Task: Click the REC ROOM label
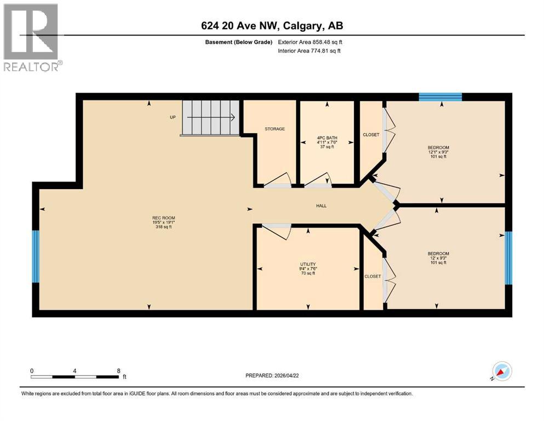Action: (x=163, y=218)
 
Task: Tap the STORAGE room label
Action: (x=274, y=129)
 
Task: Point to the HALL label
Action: (x=321, y=206)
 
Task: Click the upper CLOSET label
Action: (x=371, y=135)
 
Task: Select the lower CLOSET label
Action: (x=373, y=276)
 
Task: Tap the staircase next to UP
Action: (x=211, y=117)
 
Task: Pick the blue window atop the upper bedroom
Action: (x=440, y=97)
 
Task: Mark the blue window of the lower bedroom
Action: (x=508, y=258)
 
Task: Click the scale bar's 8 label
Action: (x=119, y=370)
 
